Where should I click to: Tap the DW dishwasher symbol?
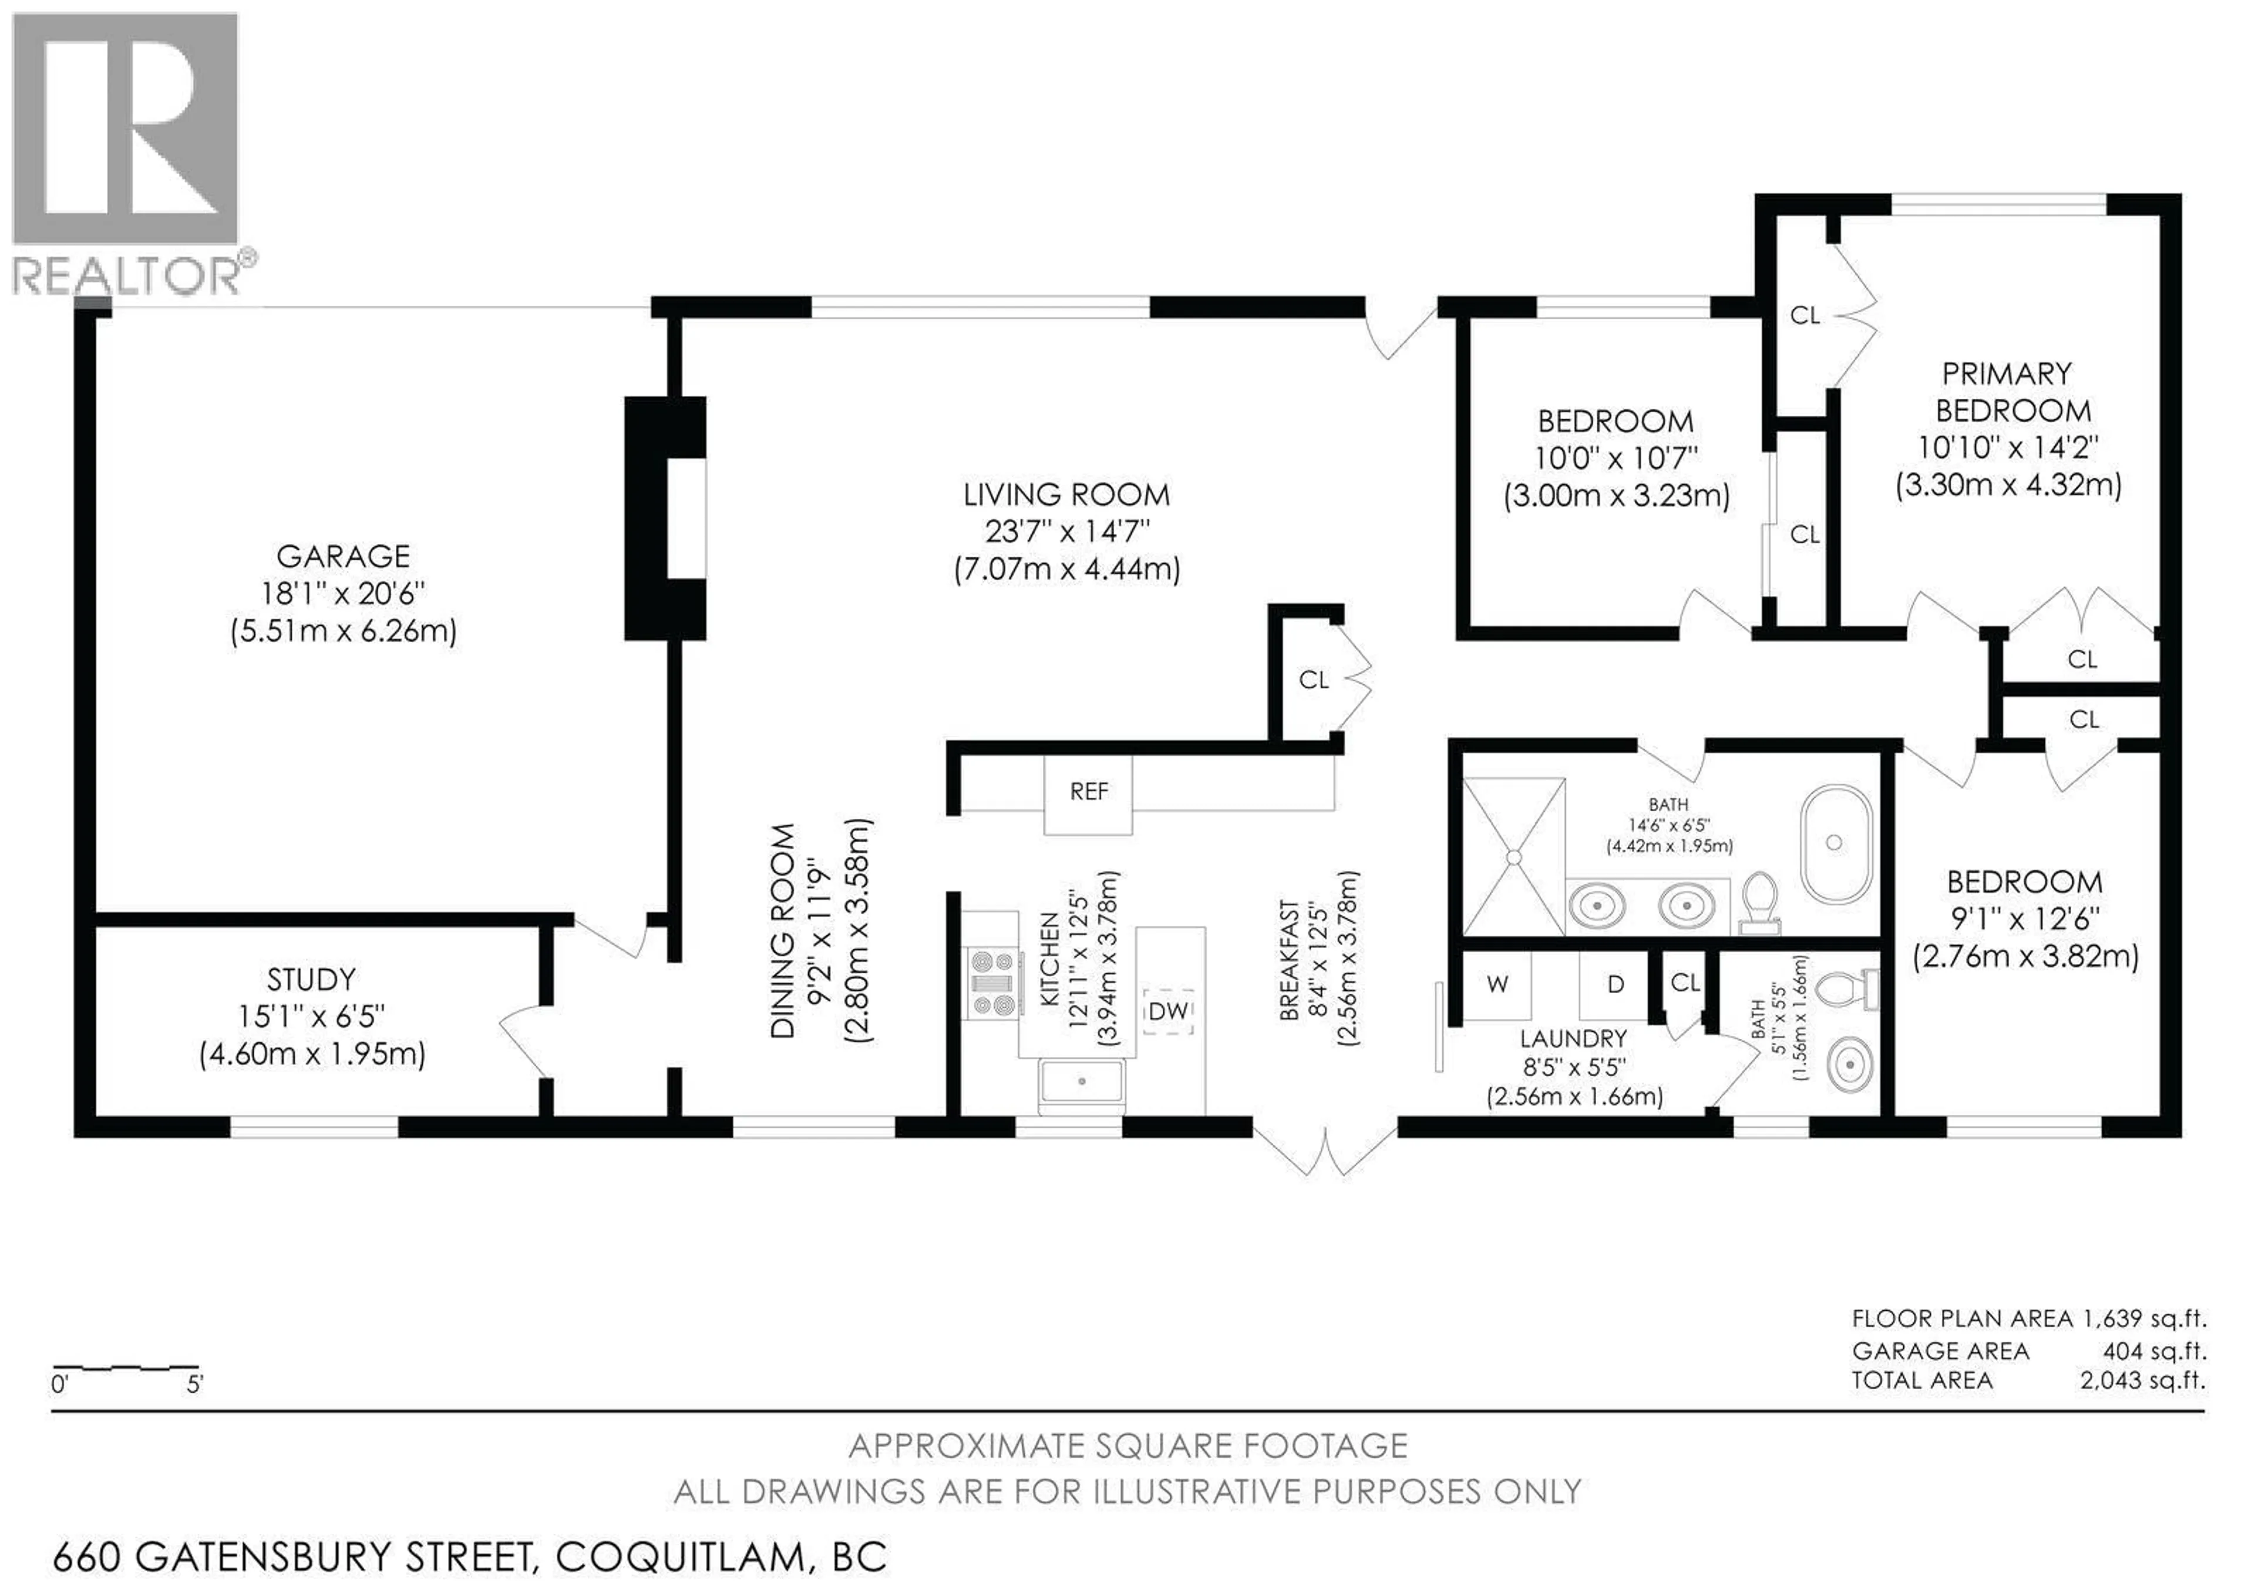pyautogui.click(x=1168, y=1011)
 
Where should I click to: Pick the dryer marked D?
pyautogui.click(x=1615, y=984)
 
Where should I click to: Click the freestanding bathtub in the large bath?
pyautogui.click(x=1834, y=843)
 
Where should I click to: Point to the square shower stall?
pyautogui.click(x=1513, y=856)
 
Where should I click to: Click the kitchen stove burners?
pyautogui.click(x=992, y=982)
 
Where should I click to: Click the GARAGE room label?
pyautogui.click(x=343, y=557)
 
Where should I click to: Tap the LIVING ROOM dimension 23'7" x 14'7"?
pyautogui.click(x=1066, y=532)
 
